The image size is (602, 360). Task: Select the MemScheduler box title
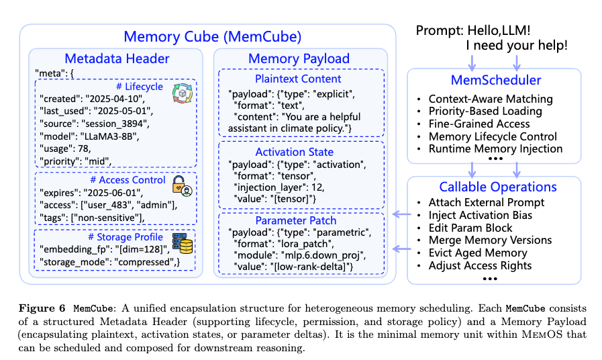pos(495,81)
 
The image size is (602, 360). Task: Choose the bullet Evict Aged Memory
pos(478,253)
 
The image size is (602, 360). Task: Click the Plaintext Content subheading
pos(298,79)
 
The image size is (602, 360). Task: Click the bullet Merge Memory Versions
pos(490,240)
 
